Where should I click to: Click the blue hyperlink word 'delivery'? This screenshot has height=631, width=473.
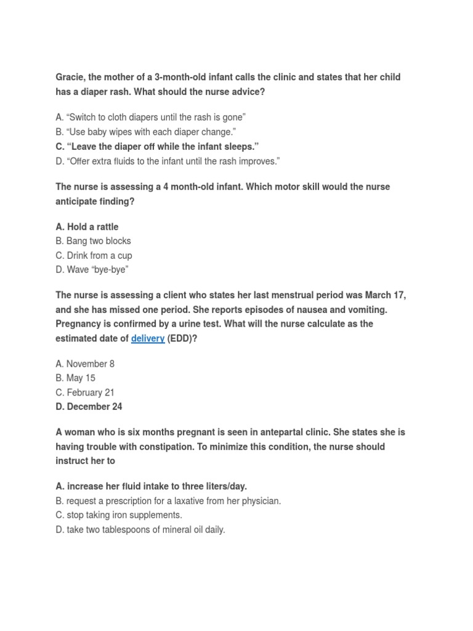pyautogui.click(x=148, y=338)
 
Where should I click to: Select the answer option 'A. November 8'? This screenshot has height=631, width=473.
pyautogui.click(x=85, y=364)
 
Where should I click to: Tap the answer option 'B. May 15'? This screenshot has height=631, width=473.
pyautogui.click(x=75, y=378)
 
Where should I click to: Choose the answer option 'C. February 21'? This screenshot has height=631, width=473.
pyautogui.click(x=85, y=393)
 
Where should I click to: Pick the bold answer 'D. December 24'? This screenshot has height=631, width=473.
pyautogui.click(x=89, y=407)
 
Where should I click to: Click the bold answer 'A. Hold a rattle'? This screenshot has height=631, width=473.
pyautogui.click(x=87, y=227)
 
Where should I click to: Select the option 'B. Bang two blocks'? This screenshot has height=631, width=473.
pyautogui.click(x=93, y=241)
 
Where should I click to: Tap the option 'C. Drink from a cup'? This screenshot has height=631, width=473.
pyautogui.click(x=94, y=255)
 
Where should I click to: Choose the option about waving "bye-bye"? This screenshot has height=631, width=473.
pyautogui.click(x=92, y=270)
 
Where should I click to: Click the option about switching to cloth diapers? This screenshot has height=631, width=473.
pyautogui.click(x=151, y=117)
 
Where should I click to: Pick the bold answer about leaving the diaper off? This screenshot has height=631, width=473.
pyautogui.click(x=157, y=147)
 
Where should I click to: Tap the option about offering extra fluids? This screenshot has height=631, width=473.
pyautogui.click(x=168, y=161)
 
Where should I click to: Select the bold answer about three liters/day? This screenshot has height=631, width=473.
pyautogui.click(x=152, y=486)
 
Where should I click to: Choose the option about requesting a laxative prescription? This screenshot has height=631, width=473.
pyautogui.click(x=168, y=501)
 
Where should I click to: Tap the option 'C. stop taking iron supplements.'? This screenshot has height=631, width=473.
pyautogui.click(x=119, y=515)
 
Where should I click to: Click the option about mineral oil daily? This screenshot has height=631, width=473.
pyautogui.click(x=140, y=529)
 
